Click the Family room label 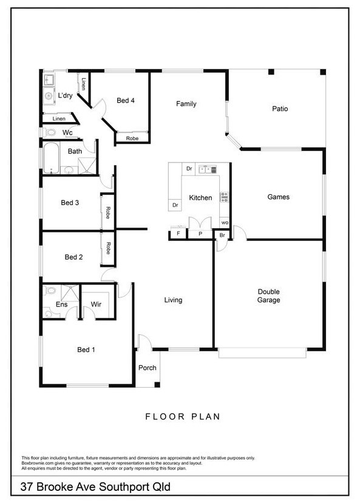(x=186, y=104)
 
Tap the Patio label (x=280, y=109)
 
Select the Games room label (x=279, y=197)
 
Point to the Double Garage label (x=269, y=295)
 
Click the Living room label (x=173, y=300)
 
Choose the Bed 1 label (x=86, y=349)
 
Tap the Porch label (x=148, y=368)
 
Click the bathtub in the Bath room (x=51, y=158)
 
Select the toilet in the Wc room (x=49, y=132)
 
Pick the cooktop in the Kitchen (x=224, y=197)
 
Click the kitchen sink (x=208, y=169)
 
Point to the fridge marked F (x=178, y=234)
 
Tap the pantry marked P (x=200, y=234)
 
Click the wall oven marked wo (x=225, y=223)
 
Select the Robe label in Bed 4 (x=132, y=138)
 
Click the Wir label (x=96, y=304)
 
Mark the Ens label (x=61, y=304)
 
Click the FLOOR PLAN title (x=183, y=417)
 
